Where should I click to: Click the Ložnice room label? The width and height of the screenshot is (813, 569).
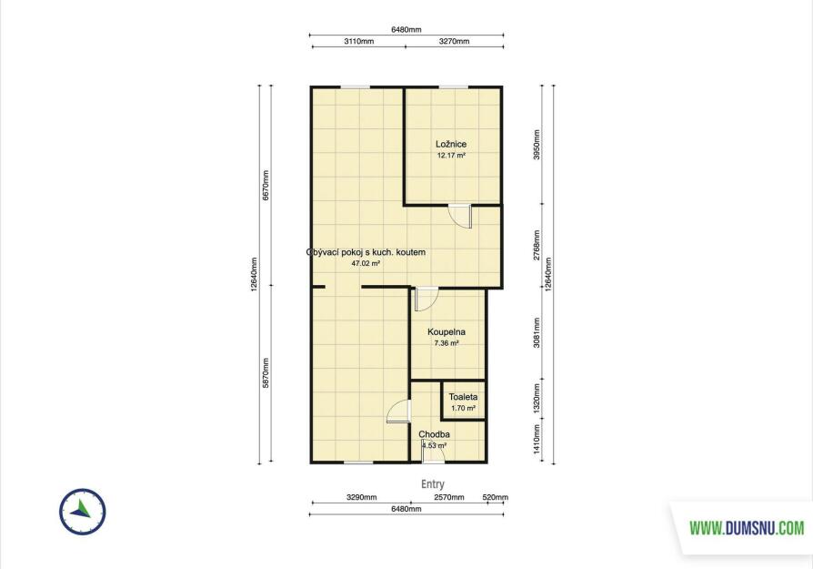tap(450, 145)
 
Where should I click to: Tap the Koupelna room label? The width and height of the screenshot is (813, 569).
tap(447, 331)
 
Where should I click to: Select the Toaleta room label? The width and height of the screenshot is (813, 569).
tap(463, 397)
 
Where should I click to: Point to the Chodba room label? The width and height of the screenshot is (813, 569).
tap(434, 434)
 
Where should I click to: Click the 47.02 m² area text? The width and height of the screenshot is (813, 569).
tap(366, 263)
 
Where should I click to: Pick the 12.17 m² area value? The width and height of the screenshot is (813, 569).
tap(450, 156)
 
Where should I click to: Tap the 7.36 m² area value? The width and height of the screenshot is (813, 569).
tap(447, 343)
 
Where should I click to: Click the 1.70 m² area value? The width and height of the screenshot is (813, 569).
tap(463, 408)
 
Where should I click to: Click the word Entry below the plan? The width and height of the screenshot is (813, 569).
tap(433, 483)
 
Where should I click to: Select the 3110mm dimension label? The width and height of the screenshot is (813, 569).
tap(359, 41)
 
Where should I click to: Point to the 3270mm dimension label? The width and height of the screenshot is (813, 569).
tap(454, 41)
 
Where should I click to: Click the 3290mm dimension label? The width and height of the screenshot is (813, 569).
tap(361, 497)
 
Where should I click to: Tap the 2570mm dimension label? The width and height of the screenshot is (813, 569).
tap(449, 497)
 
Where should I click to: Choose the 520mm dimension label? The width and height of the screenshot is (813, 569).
tap(495, 497)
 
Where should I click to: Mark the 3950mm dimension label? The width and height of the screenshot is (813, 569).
tap(537, 145)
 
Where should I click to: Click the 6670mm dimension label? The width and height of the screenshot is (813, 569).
tap(266, 186)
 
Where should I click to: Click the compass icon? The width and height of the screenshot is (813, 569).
tap(83, 512)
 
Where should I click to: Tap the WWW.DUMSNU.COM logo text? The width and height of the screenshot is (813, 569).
tap(747, 528)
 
